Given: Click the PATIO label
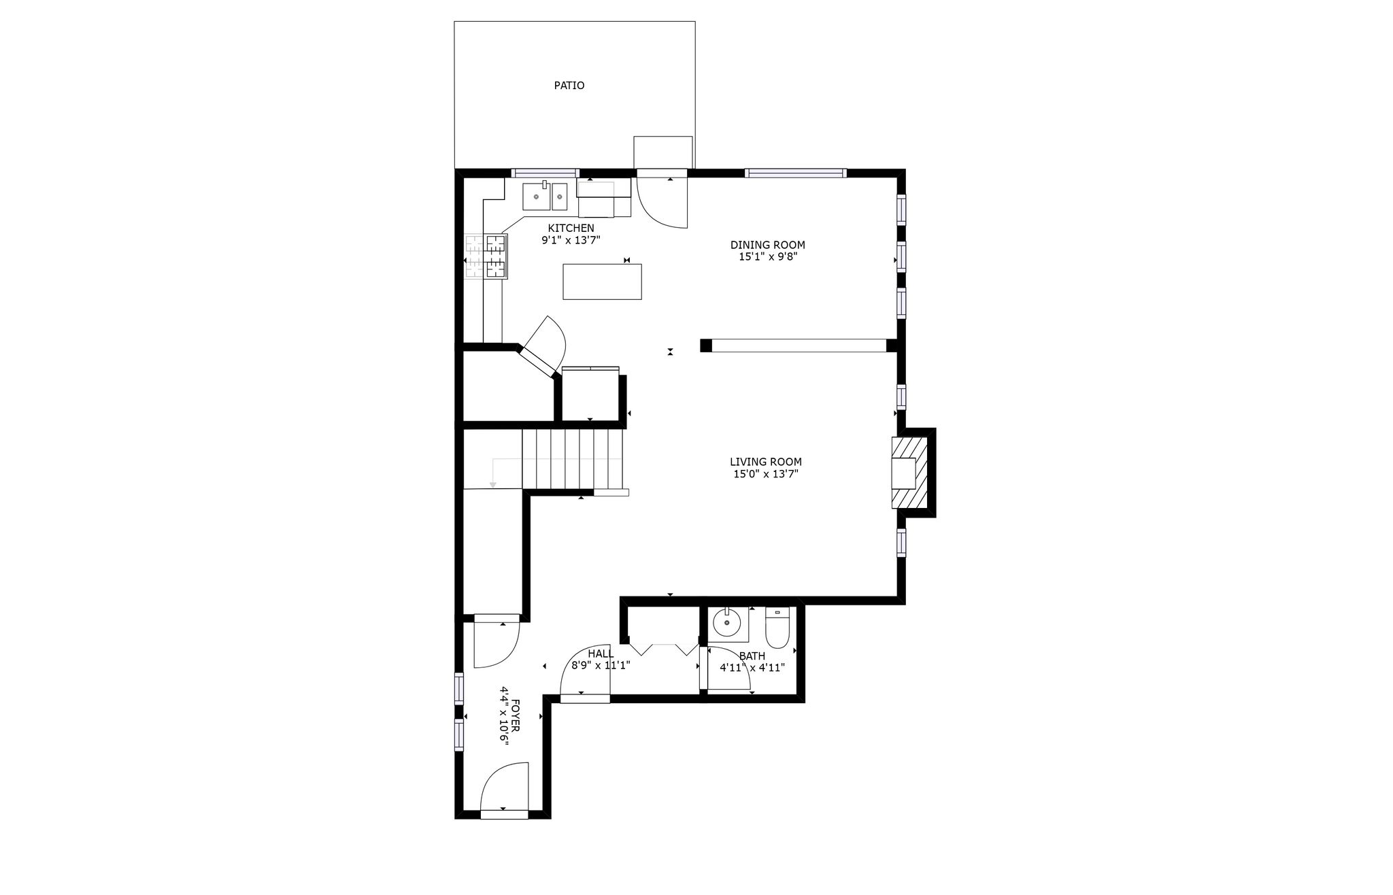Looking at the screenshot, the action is tap(569, 86).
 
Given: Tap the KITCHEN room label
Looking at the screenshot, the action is tap(571, 228).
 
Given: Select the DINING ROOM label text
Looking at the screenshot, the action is tap(768, 245).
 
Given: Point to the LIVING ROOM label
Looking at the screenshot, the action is tap(766, 462).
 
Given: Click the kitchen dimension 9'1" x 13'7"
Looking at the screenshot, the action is tap(571, 240).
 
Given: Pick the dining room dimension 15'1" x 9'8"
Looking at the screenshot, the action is tap(768, 257).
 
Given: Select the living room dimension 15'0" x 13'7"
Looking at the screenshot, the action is tap(766, 474).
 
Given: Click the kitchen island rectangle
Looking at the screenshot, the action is tap(602, 282).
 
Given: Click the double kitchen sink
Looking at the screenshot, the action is tap(545, 197).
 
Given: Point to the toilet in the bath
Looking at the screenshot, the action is tap(777, 628).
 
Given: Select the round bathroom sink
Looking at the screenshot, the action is tap(727, 622).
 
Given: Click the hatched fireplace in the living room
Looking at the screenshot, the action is tap(909, 473).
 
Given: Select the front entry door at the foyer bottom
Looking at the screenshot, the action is tap(504, 791).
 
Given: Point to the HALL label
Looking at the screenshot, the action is tap(601, 654).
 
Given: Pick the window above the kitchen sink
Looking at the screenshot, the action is tap(545, 173).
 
